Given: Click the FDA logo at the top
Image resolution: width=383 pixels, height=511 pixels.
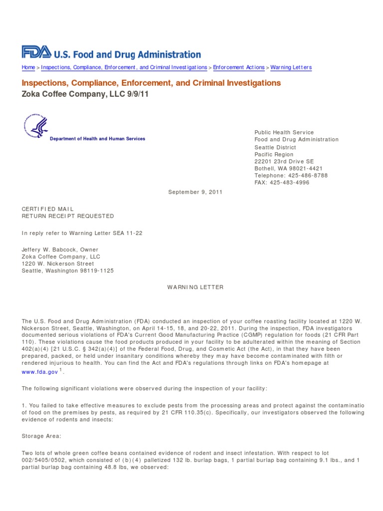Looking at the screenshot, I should [x=36, y=52].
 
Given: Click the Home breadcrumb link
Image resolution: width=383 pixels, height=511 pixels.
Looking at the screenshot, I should [x=28, y=67].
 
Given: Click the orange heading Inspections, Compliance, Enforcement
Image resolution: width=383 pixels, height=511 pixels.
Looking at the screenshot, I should [x=151, y=83].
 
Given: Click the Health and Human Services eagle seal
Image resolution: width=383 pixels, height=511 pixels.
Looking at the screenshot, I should [x=35, y=125].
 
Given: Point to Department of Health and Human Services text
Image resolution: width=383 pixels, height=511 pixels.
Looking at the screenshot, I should [x=97, y=139].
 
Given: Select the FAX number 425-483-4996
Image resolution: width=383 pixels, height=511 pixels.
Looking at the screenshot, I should [x=290, y=183].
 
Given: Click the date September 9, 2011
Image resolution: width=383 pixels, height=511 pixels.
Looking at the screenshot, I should [x=195, y=192].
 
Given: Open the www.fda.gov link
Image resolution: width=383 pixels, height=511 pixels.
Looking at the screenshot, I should [x=40, y=372].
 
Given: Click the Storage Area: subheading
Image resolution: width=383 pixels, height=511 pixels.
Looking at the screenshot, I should [x=41, y=436].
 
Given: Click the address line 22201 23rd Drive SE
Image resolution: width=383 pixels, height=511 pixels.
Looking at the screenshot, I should [x=284, y=162].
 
